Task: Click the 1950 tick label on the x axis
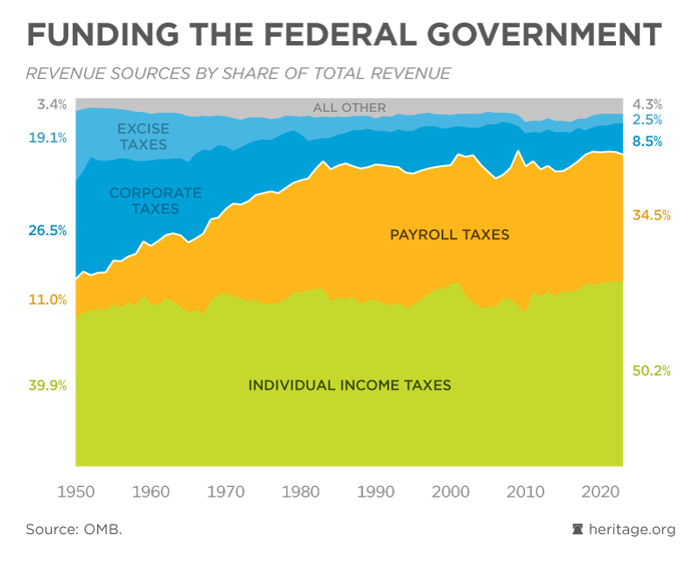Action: (x=76, y=491)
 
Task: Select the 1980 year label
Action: (x=300, y=491)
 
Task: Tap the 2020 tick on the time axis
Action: (x=600, y=491)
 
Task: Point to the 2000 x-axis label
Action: (x=451, y=491)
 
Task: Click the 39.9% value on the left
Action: (x=48, y=385)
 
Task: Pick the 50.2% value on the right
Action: (x=651, y=371)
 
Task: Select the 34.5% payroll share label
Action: (x=651, y=215)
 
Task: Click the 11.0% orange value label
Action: (x=48, y=299)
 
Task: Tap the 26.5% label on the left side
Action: (x=48, y=230)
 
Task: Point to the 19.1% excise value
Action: (x=48, y=138)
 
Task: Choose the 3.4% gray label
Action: (x=52, y=104)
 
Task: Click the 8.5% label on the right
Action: (x=647, y=142)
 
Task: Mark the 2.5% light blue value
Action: (x=647, y=120)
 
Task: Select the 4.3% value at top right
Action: (x=647, y=104)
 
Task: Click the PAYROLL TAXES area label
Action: (x=450, y=234)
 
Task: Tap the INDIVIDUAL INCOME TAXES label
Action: (x=349, y=385)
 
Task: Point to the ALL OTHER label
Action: (x=349, y=108)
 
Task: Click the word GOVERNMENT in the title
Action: (x=544, y=34)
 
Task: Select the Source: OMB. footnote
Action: (x=73, y=529)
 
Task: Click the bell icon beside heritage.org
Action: (x=577, y=529)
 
